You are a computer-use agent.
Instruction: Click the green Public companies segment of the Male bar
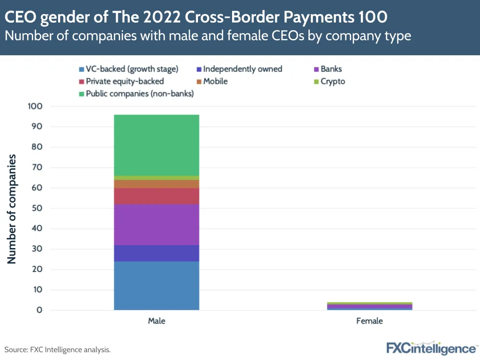click(157, 145)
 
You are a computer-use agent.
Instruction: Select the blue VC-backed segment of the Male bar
click(157, 286)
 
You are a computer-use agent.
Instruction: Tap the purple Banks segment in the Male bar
click(157, 224)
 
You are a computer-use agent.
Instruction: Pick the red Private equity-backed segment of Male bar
click(157, 196)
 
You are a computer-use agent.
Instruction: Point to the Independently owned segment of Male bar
click(157, 253)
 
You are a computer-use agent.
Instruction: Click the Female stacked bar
click(369, 306)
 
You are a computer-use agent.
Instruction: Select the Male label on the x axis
click(157, 321)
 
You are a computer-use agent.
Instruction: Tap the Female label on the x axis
click(369, 321)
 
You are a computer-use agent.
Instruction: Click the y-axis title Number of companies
click(12, 209)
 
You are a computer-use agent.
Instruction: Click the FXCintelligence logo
click(431, 348)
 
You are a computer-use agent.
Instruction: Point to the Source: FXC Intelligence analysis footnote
click(58, 350)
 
